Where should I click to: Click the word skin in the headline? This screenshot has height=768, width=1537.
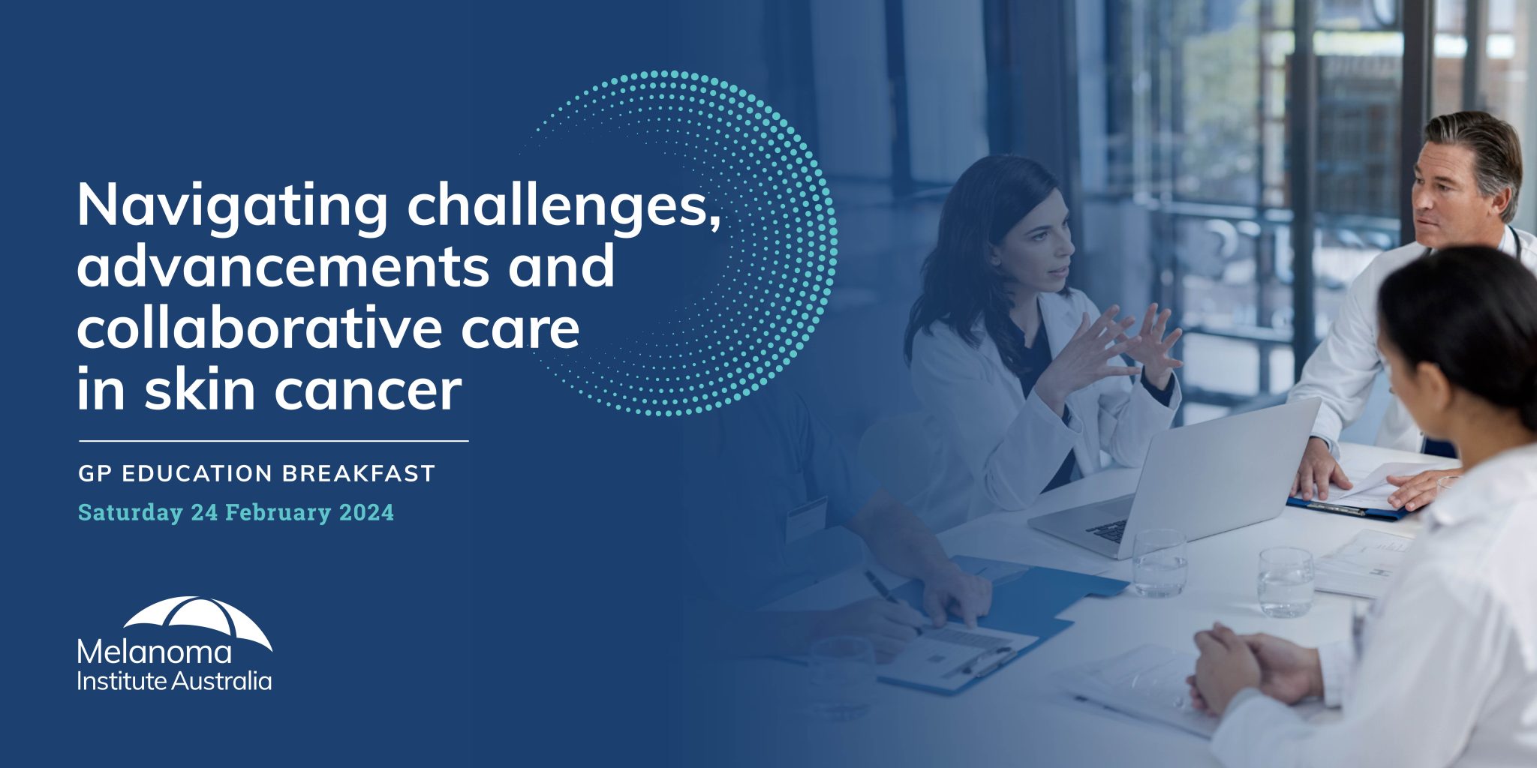(199, 390)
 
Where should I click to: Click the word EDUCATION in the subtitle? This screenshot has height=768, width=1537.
(197, 474)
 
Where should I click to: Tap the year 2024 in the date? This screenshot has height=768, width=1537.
(366, 513)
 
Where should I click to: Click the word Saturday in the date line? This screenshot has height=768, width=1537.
(131, 513)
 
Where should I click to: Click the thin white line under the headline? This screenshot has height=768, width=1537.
(273, 441)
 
